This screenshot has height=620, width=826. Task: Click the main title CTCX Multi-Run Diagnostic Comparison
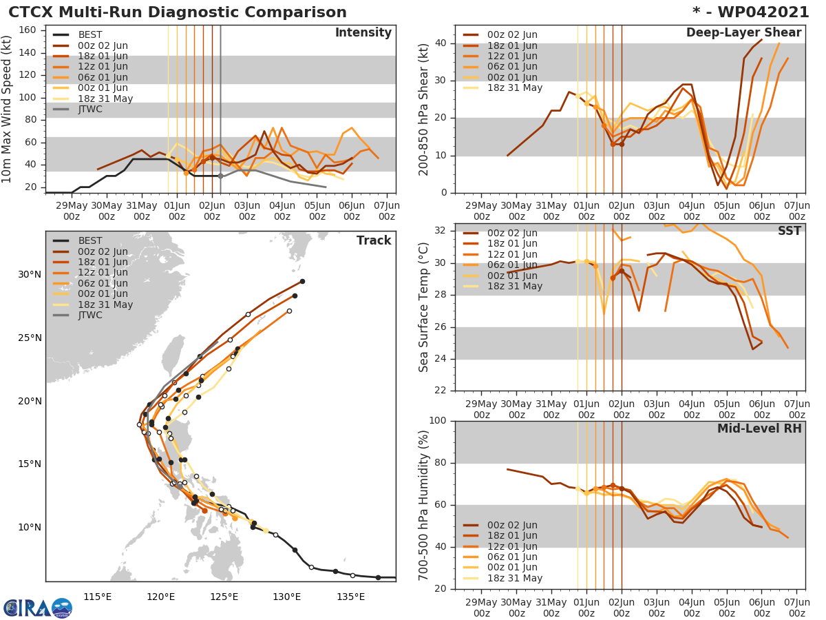(x=178, y=12)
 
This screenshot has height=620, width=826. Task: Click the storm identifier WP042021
(x=756, y=12)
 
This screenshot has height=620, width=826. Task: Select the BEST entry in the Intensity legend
(x=90, y=34)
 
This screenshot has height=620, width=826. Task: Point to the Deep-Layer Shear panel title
(x=743, y=33)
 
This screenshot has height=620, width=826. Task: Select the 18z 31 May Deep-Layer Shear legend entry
(x=515, y=87)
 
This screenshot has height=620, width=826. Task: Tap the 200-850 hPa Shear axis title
(x=424, y=109)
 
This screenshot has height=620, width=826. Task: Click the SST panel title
(x=789, y=231)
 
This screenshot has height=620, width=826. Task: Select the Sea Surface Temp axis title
(x=424, y=307)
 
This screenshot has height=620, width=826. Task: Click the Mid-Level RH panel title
(x=759, y=428)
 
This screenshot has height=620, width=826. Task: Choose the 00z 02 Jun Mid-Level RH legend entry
(x=512, y=525)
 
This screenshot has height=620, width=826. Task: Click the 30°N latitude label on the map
(x=30, y=274)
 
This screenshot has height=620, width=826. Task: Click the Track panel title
(x=373, y=240)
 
